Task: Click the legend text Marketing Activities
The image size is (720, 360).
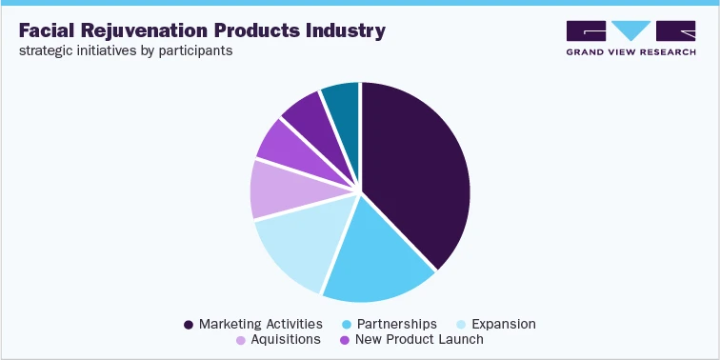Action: click(x=260, y=324)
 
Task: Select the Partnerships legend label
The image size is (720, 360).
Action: click(x=397, y=324)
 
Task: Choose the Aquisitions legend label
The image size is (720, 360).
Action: click(x=287, y=339)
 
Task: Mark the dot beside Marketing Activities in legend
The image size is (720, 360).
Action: click(x=189, y=325)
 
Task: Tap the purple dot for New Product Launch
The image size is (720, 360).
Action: click(x=344, y=340)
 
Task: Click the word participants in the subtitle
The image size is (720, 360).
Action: click(x=198, y=50)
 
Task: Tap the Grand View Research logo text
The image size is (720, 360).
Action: click(x=630, y=51)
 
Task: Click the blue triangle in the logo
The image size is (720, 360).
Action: click(x=630, y=29)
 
